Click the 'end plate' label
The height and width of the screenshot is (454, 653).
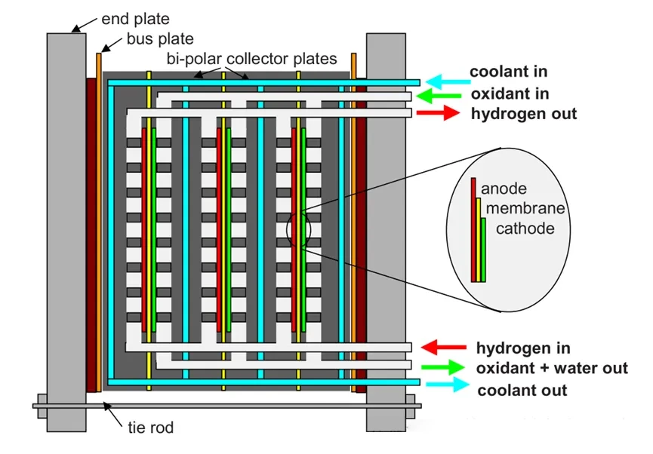(135, 19)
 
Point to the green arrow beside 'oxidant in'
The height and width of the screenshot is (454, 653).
(443, 97)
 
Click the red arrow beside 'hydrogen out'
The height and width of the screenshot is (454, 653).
(438, 113)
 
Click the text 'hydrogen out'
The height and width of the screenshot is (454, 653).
(523, 114)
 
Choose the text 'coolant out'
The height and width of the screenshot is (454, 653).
(522, 390)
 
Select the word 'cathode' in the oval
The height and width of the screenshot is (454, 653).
(525, 227)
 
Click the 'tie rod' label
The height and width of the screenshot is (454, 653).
(150, 428)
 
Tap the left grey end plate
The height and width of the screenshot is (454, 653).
(66, 226)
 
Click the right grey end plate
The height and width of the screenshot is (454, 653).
(385, 226)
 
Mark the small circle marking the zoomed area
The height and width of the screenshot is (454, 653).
(298, 231)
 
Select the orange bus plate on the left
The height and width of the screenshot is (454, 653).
(99, 219)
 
